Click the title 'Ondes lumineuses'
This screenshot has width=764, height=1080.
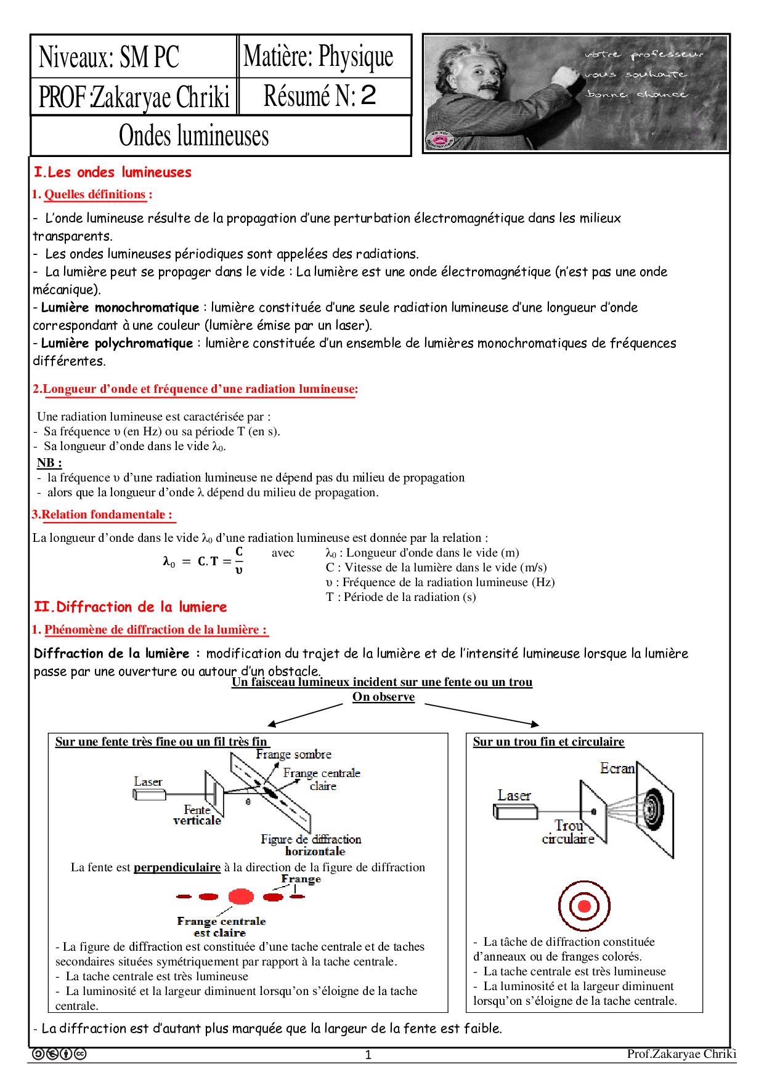click(193, 135)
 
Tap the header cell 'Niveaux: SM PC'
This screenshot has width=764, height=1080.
click(109, 57)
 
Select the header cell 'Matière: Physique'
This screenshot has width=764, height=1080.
click(318, 57)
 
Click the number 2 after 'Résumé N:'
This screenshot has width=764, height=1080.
click(368, 95)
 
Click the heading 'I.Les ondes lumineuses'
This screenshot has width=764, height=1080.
click(113, 172)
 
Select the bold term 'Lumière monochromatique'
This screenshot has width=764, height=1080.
click(120, 307)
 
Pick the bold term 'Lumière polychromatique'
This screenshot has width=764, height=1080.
click(116, 343)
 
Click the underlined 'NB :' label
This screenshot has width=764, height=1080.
click(49, 462)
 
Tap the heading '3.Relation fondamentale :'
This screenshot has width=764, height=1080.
click(102, 515)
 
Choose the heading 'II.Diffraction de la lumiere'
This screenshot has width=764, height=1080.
click(131, 607)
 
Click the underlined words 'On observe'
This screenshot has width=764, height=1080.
click(383, 697)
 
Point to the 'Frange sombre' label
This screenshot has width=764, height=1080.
click(293, 754)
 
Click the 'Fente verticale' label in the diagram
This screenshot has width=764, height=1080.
click(197, 815)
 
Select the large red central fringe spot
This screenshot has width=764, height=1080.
click(241, 897)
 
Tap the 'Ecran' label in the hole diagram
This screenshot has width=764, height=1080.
click(617, 768)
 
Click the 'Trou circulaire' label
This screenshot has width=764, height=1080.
click(568, 832)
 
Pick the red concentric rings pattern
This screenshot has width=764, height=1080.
click(584, 906)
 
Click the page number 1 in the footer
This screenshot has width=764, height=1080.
click(368, 1055)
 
